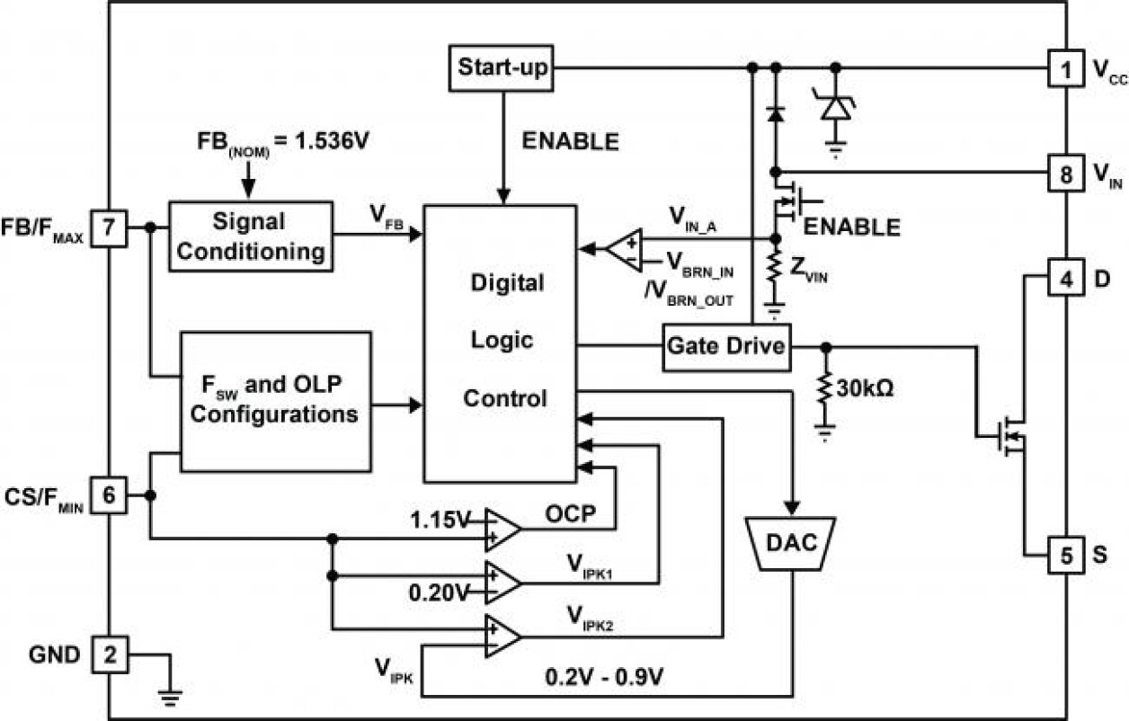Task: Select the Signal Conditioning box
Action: pyautogui.click(x=250, y=236)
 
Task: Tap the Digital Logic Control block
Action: pyautogui.click(x=500, y=342)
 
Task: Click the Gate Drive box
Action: pyautogui.click(x=726, y=345)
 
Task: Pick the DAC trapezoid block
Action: pyautogui.click(x=792, y=542)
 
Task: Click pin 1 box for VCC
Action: pyautogui.click(x=1065, y=68)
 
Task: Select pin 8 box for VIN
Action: pyautogui.click(x=1065, y=172)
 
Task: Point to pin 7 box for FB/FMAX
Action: pyautogui.click(x=111, y=228)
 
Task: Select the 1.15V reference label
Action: pyautogui.click(x=440, y=519)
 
